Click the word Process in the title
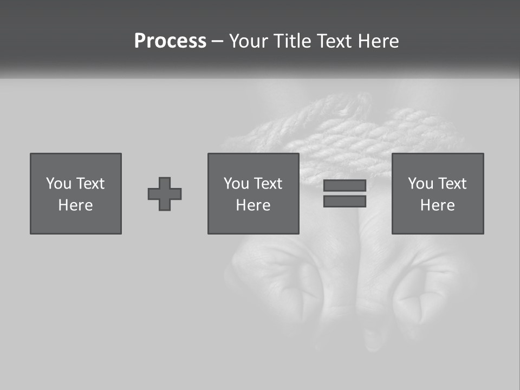170,41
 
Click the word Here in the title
378,41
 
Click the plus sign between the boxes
165,194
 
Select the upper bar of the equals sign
344,185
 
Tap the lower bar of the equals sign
344,201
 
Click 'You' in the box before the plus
58,184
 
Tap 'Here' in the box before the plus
76,205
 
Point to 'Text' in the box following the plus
268,184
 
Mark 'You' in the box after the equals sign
420,184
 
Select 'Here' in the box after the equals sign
438,205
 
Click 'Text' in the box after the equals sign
452,184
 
